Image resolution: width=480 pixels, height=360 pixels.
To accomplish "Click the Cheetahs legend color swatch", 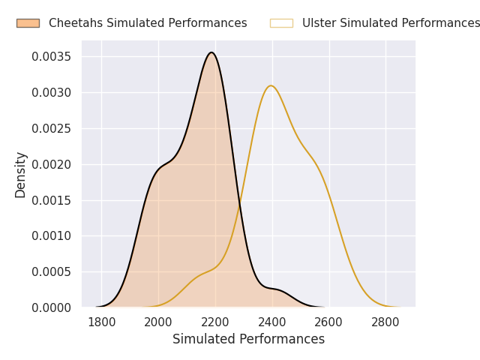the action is coord(28,23).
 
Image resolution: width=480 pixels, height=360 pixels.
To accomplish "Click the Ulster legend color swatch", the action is coord(281,23).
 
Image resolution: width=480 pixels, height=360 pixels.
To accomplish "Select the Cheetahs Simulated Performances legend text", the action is coord(148,23).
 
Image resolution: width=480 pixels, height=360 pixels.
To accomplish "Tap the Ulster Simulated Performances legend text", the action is coord(391,23).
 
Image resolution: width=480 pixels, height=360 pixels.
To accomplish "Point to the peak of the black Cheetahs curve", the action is coord(211,52).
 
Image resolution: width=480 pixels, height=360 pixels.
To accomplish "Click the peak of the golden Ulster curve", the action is coord(271,85).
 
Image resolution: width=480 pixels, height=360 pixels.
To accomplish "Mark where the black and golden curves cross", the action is coord(240,203).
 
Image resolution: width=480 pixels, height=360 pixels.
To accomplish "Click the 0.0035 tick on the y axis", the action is coord(52,57).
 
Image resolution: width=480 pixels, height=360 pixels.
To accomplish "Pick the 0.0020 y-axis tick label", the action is coord(52,165).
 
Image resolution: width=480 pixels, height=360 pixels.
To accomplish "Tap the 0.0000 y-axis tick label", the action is coord(52,307).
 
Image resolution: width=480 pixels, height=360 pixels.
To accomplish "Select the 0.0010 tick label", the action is coord(52,236).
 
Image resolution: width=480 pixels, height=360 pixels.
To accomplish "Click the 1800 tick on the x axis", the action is coord(102,322).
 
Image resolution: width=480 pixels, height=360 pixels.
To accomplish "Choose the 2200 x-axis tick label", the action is coord(215,322).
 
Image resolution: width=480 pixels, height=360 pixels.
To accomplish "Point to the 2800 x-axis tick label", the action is coord(385,322).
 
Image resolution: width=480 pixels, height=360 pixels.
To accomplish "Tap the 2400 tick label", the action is coord(272,322).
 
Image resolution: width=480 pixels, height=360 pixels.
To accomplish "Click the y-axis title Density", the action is coord(20,175).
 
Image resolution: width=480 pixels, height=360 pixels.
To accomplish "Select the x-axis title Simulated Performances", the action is coord(248,339).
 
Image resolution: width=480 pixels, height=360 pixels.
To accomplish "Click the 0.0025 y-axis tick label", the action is coord(52,128).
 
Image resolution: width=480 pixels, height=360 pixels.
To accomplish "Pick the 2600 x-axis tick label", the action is coord(328,322).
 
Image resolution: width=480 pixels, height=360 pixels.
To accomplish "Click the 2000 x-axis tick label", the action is coord(158,322).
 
